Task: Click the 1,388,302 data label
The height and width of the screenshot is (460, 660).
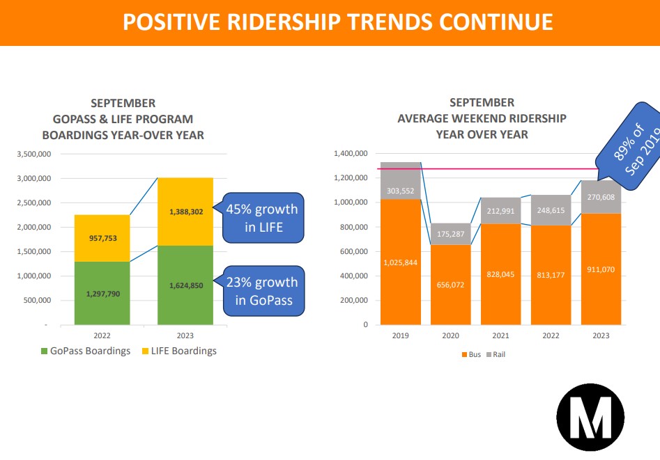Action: pos(185,212)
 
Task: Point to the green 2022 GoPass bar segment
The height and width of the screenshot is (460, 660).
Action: pos(102,293)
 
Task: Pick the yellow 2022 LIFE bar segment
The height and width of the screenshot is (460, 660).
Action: pos(102,238)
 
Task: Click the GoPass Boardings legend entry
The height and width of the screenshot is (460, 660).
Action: pos(85,351)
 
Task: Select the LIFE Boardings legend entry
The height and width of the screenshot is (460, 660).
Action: pos(179,351)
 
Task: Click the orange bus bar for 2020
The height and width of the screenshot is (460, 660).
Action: pos(450,285)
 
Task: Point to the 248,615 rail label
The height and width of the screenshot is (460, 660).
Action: pos(551,211)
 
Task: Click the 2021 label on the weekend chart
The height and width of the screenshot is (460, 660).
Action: pos(500,335)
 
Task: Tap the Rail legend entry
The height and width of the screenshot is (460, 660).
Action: pos(497,355)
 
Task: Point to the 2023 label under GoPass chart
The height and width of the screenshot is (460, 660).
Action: pos(185,335)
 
